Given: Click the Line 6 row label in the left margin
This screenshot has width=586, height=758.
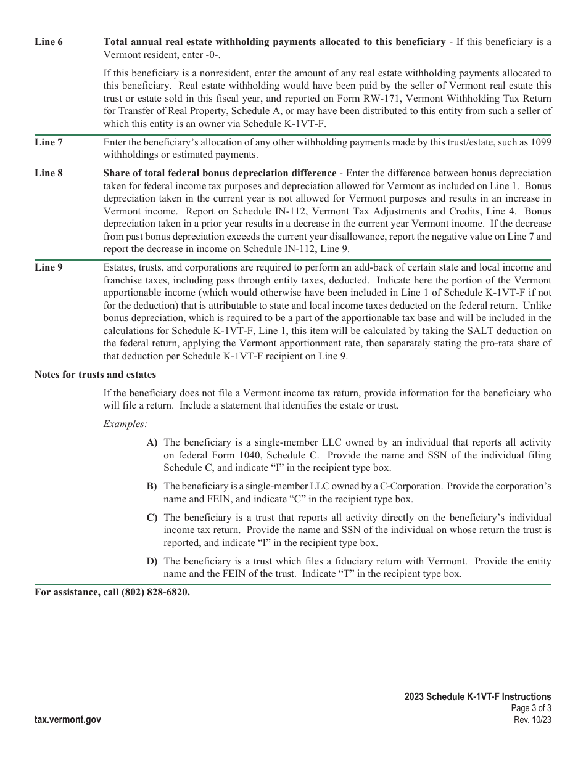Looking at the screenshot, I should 49,42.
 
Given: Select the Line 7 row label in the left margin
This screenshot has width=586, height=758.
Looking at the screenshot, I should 49,142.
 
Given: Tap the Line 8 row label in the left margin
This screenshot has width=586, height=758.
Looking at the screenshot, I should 49,173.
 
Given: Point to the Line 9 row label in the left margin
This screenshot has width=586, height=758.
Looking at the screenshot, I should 49,267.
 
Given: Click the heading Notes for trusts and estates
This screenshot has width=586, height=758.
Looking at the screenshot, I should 95,375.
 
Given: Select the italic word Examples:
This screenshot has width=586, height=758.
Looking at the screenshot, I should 125,424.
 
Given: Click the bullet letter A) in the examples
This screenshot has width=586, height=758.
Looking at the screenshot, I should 152,442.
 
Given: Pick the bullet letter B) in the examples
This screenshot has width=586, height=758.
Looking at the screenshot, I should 152,486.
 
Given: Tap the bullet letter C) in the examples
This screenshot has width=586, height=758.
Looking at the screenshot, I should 152,518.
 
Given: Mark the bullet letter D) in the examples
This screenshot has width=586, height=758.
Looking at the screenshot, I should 152,561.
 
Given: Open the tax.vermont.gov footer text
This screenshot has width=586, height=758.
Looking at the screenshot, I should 68,720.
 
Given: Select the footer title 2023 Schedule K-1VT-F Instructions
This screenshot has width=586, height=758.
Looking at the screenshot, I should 478,697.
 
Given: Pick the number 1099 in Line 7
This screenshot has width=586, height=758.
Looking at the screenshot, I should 540,142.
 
